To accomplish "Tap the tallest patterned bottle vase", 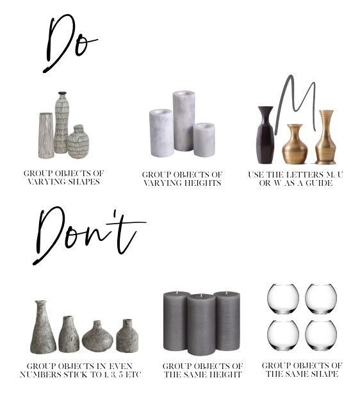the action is [61, 123].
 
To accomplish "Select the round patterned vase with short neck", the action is [78, 142].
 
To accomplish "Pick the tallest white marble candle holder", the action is [183, 121].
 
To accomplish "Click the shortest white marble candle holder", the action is [204, 140].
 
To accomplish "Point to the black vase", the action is [265, 135].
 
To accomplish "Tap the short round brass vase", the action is [295, 144].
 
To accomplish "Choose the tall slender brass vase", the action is [326, 137].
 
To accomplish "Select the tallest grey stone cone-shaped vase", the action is [43, 327].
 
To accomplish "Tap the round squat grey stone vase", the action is [97, 336].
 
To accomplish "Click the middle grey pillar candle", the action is [201, 325].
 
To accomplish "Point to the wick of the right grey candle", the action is [226, 292].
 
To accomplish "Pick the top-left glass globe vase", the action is [283, 299].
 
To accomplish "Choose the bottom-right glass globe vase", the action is [321, 336].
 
